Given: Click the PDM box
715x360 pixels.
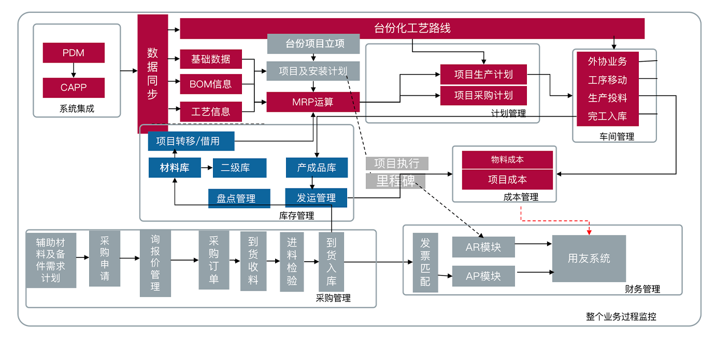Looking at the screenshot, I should (x=74, y=53).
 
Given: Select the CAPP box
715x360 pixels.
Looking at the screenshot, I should (x=74, y=88).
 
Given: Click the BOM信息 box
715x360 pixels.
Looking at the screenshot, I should (x=211, y=84).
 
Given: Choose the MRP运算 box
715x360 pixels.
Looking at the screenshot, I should (x=313, y=102).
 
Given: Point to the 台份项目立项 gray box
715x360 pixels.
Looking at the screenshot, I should (x=313, y=44).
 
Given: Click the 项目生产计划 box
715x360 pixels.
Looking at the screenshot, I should (x=483, y=75).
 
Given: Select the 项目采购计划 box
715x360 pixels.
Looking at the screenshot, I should (x=483, y=96).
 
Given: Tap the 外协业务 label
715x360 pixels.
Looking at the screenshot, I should (x=607, y=62).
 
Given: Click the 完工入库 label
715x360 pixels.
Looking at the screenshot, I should (x=607, y=117).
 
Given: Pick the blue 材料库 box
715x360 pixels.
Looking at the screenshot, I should (x=175, y=168).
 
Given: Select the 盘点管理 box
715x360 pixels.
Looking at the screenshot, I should (x=239, y=198).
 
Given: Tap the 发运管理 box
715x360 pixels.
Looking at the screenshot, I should (x=316, y=198).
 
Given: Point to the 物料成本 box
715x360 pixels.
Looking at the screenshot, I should (x=507, y=160).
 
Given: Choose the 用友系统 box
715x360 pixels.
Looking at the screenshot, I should (x=589, y=258).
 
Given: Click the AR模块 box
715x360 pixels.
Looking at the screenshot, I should (x=483, y=247).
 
